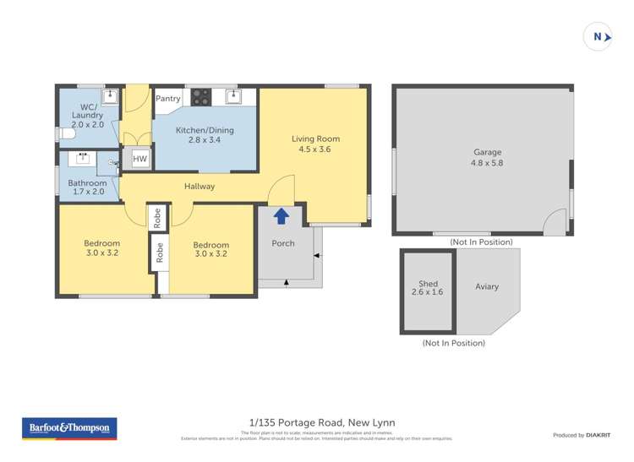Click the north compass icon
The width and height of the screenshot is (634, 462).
[598, 37]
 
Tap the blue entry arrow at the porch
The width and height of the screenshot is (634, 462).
[281, 217]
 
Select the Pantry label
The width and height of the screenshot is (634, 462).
[168, 99]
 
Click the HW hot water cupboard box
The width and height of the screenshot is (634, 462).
[139, 159]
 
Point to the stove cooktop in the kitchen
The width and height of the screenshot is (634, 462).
[201, 97]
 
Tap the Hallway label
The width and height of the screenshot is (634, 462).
[199, 187]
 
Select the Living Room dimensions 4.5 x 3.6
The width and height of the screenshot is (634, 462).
[315, 149]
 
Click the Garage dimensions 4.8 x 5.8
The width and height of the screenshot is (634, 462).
[487, 164]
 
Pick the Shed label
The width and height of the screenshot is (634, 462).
[428, 283]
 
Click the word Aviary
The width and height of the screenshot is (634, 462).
[487, 286]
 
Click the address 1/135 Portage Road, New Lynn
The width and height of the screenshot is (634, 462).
[322, 422]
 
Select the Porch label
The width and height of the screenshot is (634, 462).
[283, 243]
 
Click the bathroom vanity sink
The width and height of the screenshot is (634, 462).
[85, 157]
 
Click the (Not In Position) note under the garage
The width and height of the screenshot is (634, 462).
[481, 242]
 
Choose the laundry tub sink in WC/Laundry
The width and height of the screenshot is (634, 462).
[108, 96]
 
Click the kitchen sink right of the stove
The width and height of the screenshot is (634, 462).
[233, 96]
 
